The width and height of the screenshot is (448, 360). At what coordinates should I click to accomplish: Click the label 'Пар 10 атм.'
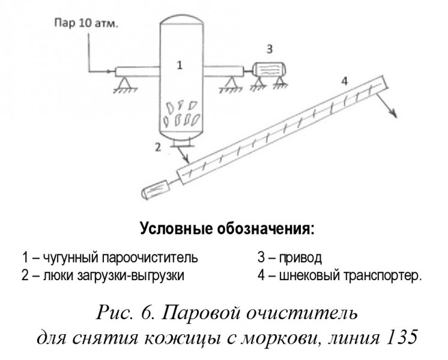click(x=86, y=23)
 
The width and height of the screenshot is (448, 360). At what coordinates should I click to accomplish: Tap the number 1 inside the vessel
click(x=180, y=65)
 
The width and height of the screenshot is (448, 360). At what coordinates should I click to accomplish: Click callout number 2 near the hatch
click(x=158, y=148)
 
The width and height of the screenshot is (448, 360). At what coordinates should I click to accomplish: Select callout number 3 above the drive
click(x=270, y=49)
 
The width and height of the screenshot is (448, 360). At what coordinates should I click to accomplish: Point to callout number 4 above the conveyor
click(x=345, y=82)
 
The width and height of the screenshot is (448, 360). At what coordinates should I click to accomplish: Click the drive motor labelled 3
click(x=269, y=70)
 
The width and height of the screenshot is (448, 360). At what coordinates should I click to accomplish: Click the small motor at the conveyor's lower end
click(x=156, y=189)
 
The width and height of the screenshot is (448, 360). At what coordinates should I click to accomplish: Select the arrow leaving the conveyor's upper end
click(x=386, y=105)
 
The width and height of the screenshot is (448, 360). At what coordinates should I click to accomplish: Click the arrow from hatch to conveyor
click(x=183, y=155)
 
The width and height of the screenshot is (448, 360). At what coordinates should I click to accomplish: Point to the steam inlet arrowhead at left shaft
click(x=108, y=71)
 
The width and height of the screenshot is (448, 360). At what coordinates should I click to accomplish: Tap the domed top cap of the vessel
click(x=181, y=20)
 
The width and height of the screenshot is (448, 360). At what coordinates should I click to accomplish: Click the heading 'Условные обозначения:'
click(x=228, y=229)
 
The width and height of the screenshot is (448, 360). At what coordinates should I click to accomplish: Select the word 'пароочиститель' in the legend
click(x=150, y=257)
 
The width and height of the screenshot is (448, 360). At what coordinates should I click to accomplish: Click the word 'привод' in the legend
click(x=300, y=257)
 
